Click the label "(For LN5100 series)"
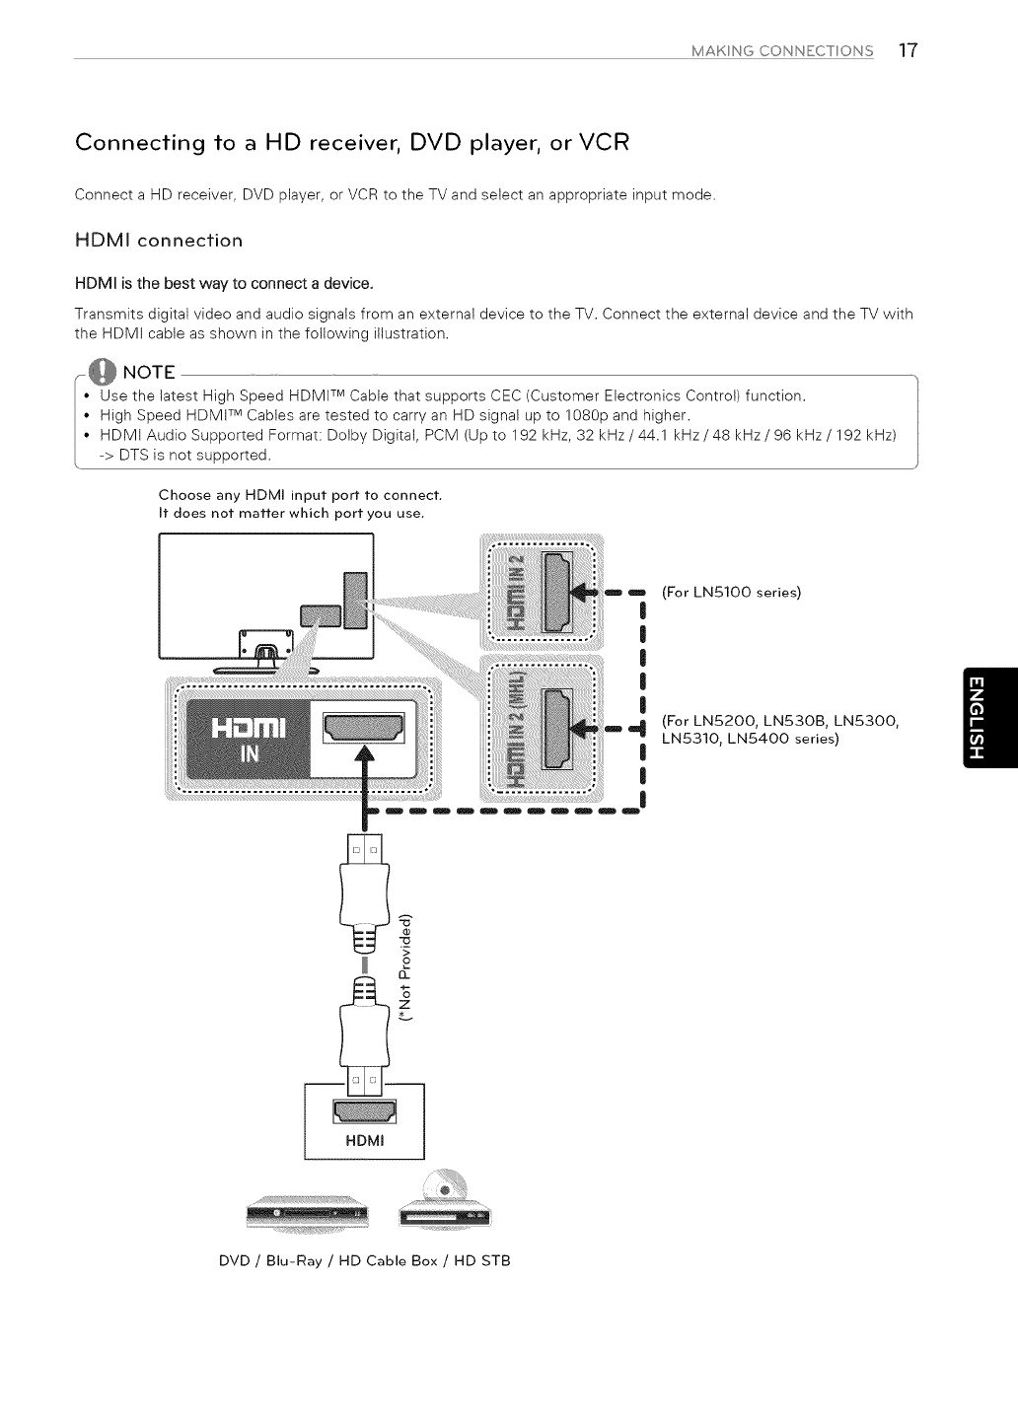click(731, 593)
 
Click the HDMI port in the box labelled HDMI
click(365, 1112)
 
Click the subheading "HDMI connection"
click(159, 240)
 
